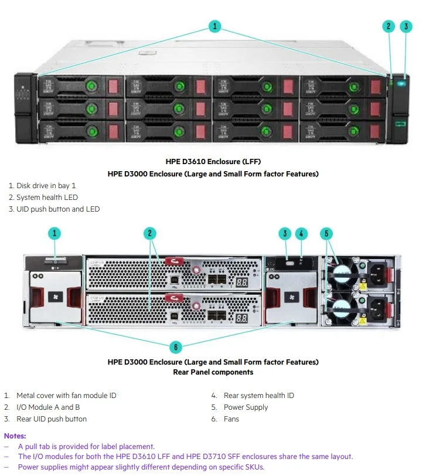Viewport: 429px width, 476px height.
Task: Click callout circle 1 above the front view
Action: click(215, 26)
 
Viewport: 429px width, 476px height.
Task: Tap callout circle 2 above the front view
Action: click(389, 26)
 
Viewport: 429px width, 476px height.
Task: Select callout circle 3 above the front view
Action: click(406, 26)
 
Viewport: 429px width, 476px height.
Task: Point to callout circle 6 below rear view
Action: click(176, 347)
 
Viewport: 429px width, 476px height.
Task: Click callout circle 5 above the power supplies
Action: click(326, 233)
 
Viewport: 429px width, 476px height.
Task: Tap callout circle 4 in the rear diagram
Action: click(301, 233)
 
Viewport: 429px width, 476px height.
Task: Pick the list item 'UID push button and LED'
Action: click(58, 209)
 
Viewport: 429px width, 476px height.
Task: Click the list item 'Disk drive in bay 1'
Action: click(46, 186)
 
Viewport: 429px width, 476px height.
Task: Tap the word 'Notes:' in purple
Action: click(15, 436)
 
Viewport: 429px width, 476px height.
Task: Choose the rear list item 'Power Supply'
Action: click(246, 407)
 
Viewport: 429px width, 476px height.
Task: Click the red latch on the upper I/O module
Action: click(174, 263)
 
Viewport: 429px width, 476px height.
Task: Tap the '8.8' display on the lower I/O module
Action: click(241, 319)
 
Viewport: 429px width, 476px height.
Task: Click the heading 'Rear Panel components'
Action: click(213, 372)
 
